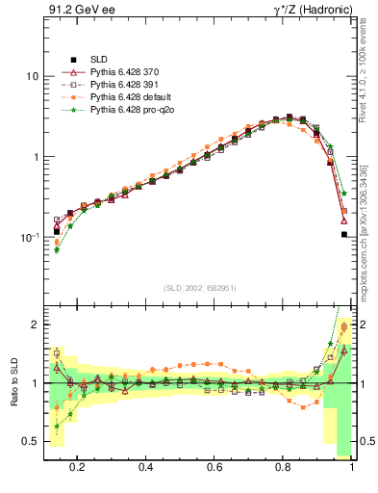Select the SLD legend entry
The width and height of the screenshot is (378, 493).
click(100, 59)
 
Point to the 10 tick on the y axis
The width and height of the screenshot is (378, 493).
click(32, 76)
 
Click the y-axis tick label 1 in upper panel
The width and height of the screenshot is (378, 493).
click(35, 157)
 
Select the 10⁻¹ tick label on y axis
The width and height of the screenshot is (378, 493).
click(30, 237)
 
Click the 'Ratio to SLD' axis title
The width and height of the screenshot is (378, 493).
click(14, 382)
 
